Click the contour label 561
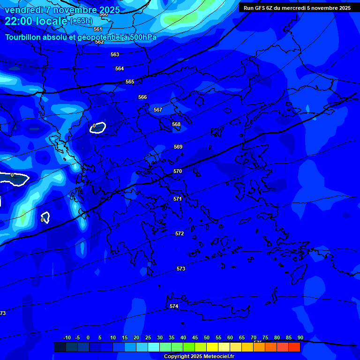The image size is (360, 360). coord(98,29)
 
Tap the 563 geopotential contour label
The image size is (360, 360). coord(115,55)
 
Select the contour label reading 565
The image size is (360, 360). coord(130,82)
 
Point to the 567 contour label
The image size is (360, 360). coord(158,110)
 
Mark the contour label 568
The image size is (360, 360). coord(176,125)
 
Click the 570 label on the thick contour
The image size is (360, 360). coord(178,172)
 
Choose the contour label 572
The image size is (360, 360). coord(180,233)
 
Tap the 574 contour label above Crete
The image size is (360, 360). coord(174,306)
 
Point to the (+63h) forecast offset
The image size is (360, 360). coord(81,21)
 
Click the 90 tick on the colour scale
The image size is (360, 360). coord(300,338)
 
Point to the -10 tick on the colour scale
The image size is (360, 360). coord(67,338)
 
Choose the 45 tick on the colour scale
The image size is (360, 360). coord(195,338)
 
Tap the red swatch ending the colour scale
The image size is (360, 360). coord(294,347)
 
